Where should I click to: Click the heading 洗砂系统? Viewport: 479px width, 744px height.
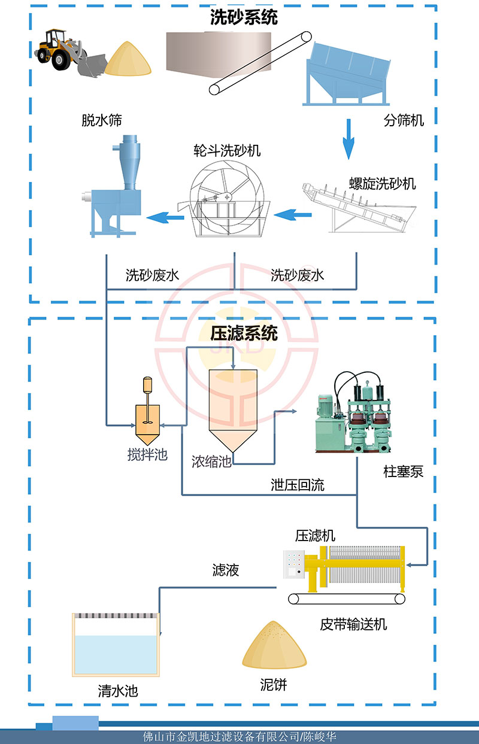[x=244, y=18]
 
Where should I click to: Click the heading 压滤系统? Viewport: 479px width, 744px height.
[x=244, y=333]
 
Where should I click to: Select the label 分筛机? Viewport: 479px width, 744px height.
[x=403, y=120]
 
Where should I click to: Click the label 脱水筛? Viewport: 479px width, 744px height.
[x=102, y=120]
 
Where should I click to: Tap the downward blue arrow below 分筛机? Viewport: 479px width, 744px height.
[x=348, y=138]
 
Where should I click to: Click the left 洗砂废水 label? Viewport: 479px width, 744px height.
[x=152, y=275]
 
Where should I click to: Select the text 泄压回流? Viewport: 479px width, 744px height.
[x=297, y=485]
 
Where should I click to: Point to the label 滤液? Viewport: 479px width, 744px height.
[x=226, y=570]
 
